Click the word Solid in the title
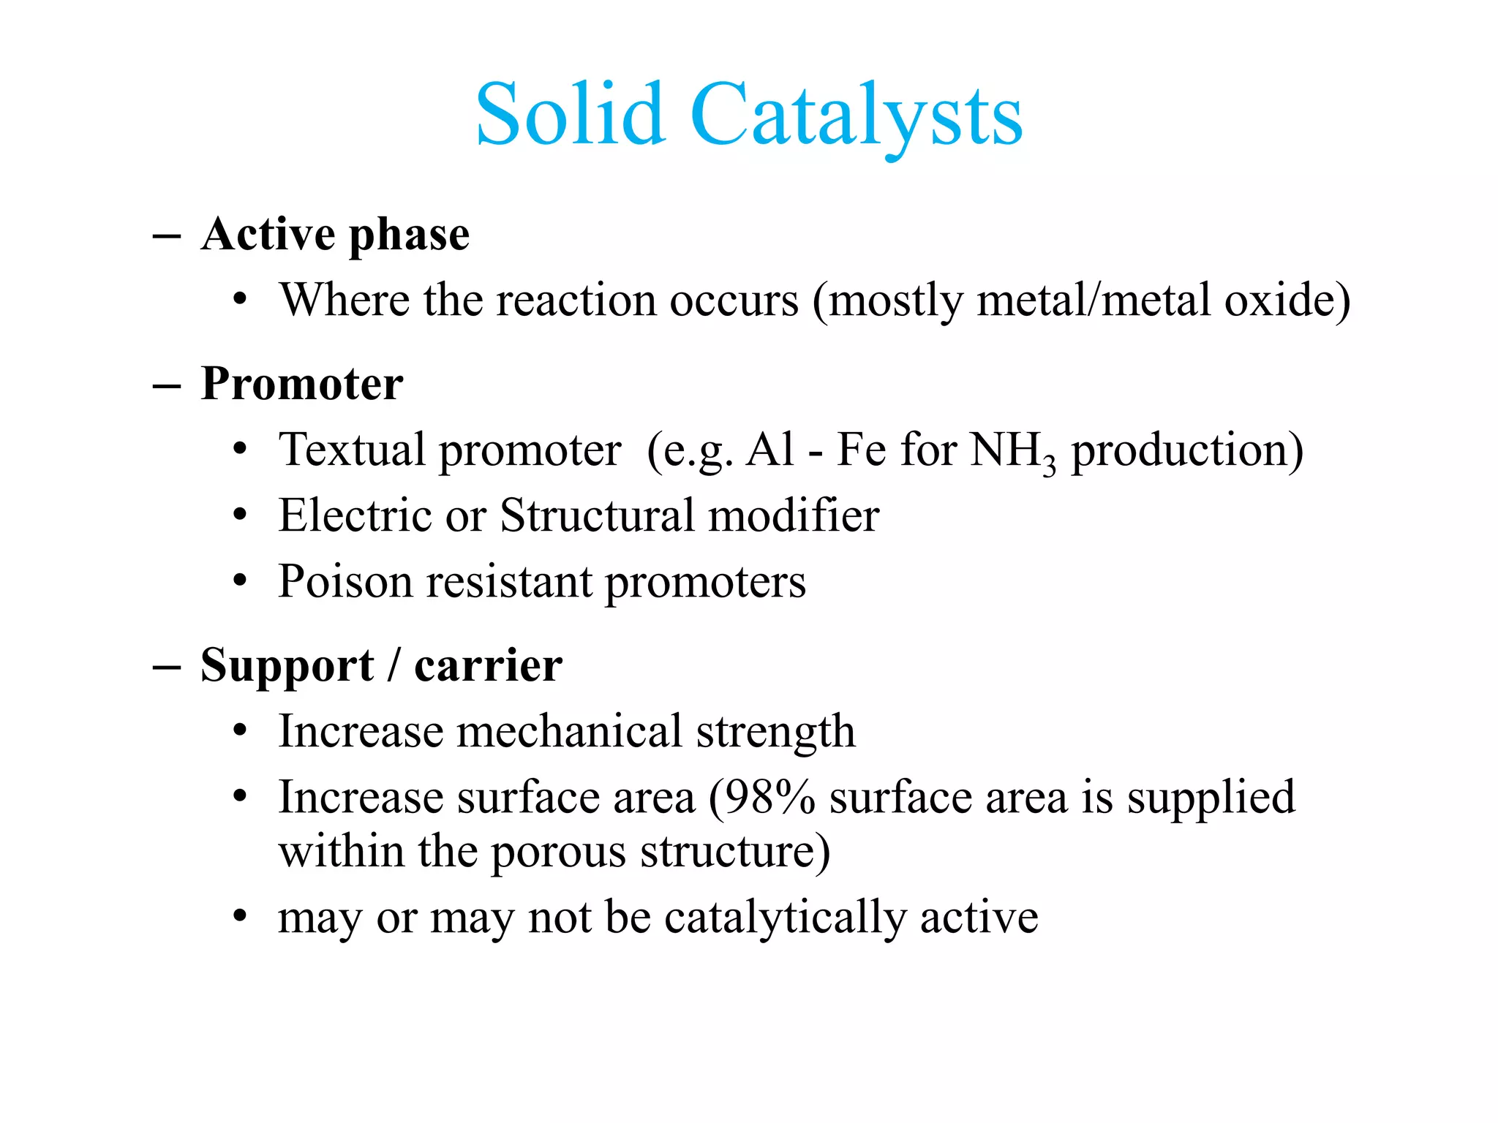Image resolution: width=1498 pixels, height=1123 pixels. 570,115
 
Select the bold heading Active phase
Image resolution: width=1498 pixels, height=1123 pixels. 335,235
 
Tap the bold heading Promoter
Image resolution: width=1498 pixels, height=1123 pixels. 301,384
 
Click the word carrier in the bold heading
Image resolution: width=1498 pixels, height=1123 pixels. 488,666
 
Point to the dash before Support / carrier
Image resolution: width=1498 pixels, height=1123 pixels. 167,667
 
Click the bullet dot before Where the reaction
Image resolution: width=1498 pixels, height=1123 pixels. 240,300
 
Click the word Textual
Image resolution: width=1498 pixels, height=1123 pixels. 352,450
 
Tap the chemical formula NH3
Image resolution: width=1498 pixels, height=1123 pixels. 1012,451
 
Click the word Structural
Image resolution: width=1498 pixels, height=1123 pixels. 597,515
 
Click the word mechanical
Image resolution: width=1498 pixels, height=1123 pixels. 569,731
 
